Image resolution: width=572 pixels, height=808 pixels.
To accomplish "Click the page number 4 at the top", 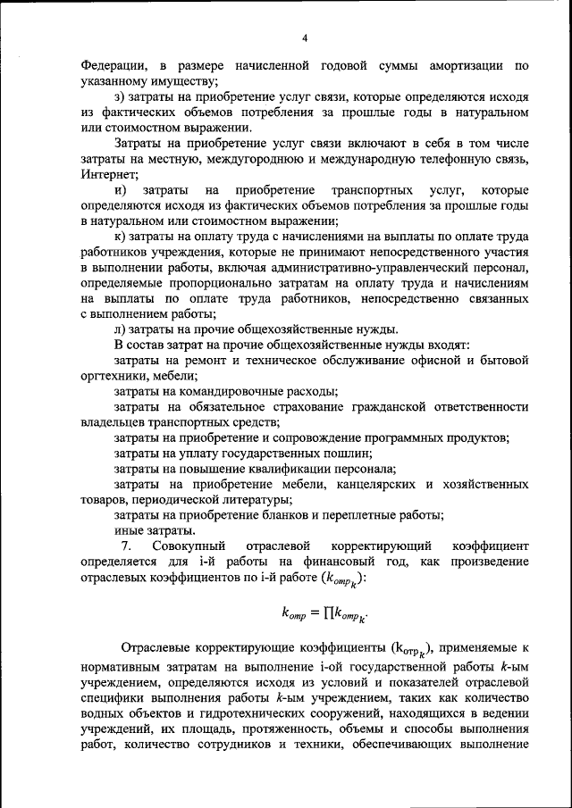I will [x=304, y=37].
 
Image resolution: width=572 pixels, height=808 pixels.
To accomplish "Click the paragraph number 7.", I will [x=126, y=546].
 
